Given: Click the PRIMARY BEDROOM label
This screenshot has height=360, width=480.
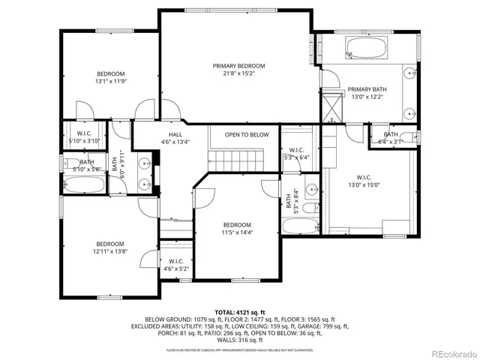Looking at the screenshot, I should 238,66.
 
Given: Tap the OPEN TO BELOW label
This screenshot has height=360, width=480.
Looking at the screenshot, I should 247,135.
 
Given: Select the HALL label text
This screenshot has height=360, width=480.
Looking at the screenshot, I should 175,134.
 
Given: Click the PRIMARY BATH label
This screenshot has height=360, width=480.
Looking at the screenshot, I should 367,88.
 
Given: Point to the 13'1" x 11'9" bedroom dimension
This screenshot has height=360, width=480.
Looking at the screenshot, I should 110,81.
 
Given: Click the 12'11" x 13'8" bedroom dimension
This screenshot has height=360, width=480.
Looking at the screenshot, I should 109,251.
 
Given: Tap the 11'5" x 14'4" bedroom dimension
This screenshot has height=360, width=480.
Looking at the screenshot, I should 237,232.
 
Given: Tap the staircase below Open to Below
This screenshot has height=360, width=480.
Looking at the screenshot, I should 237,159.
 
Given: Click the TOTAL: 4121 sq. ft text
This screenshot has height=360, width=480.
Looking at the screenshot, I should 239,312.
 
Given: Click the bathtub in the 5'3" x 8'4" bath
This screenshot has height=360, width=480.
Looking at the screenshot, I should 301,226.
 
